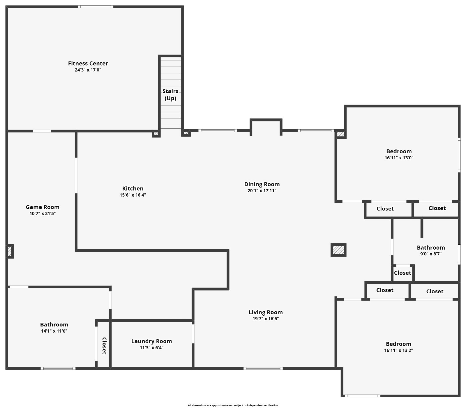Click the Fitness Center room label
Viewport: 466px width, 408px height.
pos(88,63)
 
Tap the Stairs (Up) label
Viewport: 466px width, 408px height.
pos(170,95)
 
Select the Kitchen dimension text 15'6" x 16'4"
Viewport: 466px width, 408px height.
pos(133,195)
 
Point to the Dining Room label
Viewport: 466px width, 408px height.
pos(262,184)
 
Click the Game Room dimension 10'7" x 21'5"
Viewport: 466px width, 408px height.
pos(43,213)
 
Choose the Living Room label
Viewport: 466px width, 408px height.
pos(266,312)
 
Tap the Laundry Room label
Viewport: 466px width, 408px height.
pos(151,341)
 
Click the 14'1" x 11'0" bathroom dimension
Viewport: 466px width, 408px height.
pos(54,331)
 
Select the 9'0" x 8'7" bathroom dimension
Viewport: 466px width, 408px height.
pos(431,254)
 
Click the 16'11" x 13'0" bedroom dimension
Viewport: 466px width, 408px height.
pos(399,158)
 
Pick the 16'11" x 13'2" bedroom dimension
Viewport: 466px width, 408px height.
pos(398,350)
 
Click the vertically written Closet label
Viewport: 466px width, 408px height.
pos(104,346)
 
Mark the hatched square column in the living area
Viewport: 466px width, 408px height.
pos(338,250)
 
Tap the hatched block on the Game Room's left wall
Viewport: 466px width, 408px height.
pos(10,251)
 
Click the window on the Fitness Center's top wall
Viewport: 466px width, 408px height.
pos(95,6)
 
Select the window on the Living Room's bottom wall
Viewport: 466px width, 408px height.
pos(263,368)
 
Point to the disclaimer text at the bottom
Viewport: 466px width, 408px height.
pos(233,405)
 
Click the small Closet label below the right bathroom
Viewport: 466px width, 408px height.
pos(403,273)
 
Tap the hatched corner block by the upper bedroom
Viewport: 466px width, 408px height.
pos(340,134)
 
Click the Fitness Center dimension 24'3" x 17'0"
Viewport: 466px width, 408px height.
pos(88,70)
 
